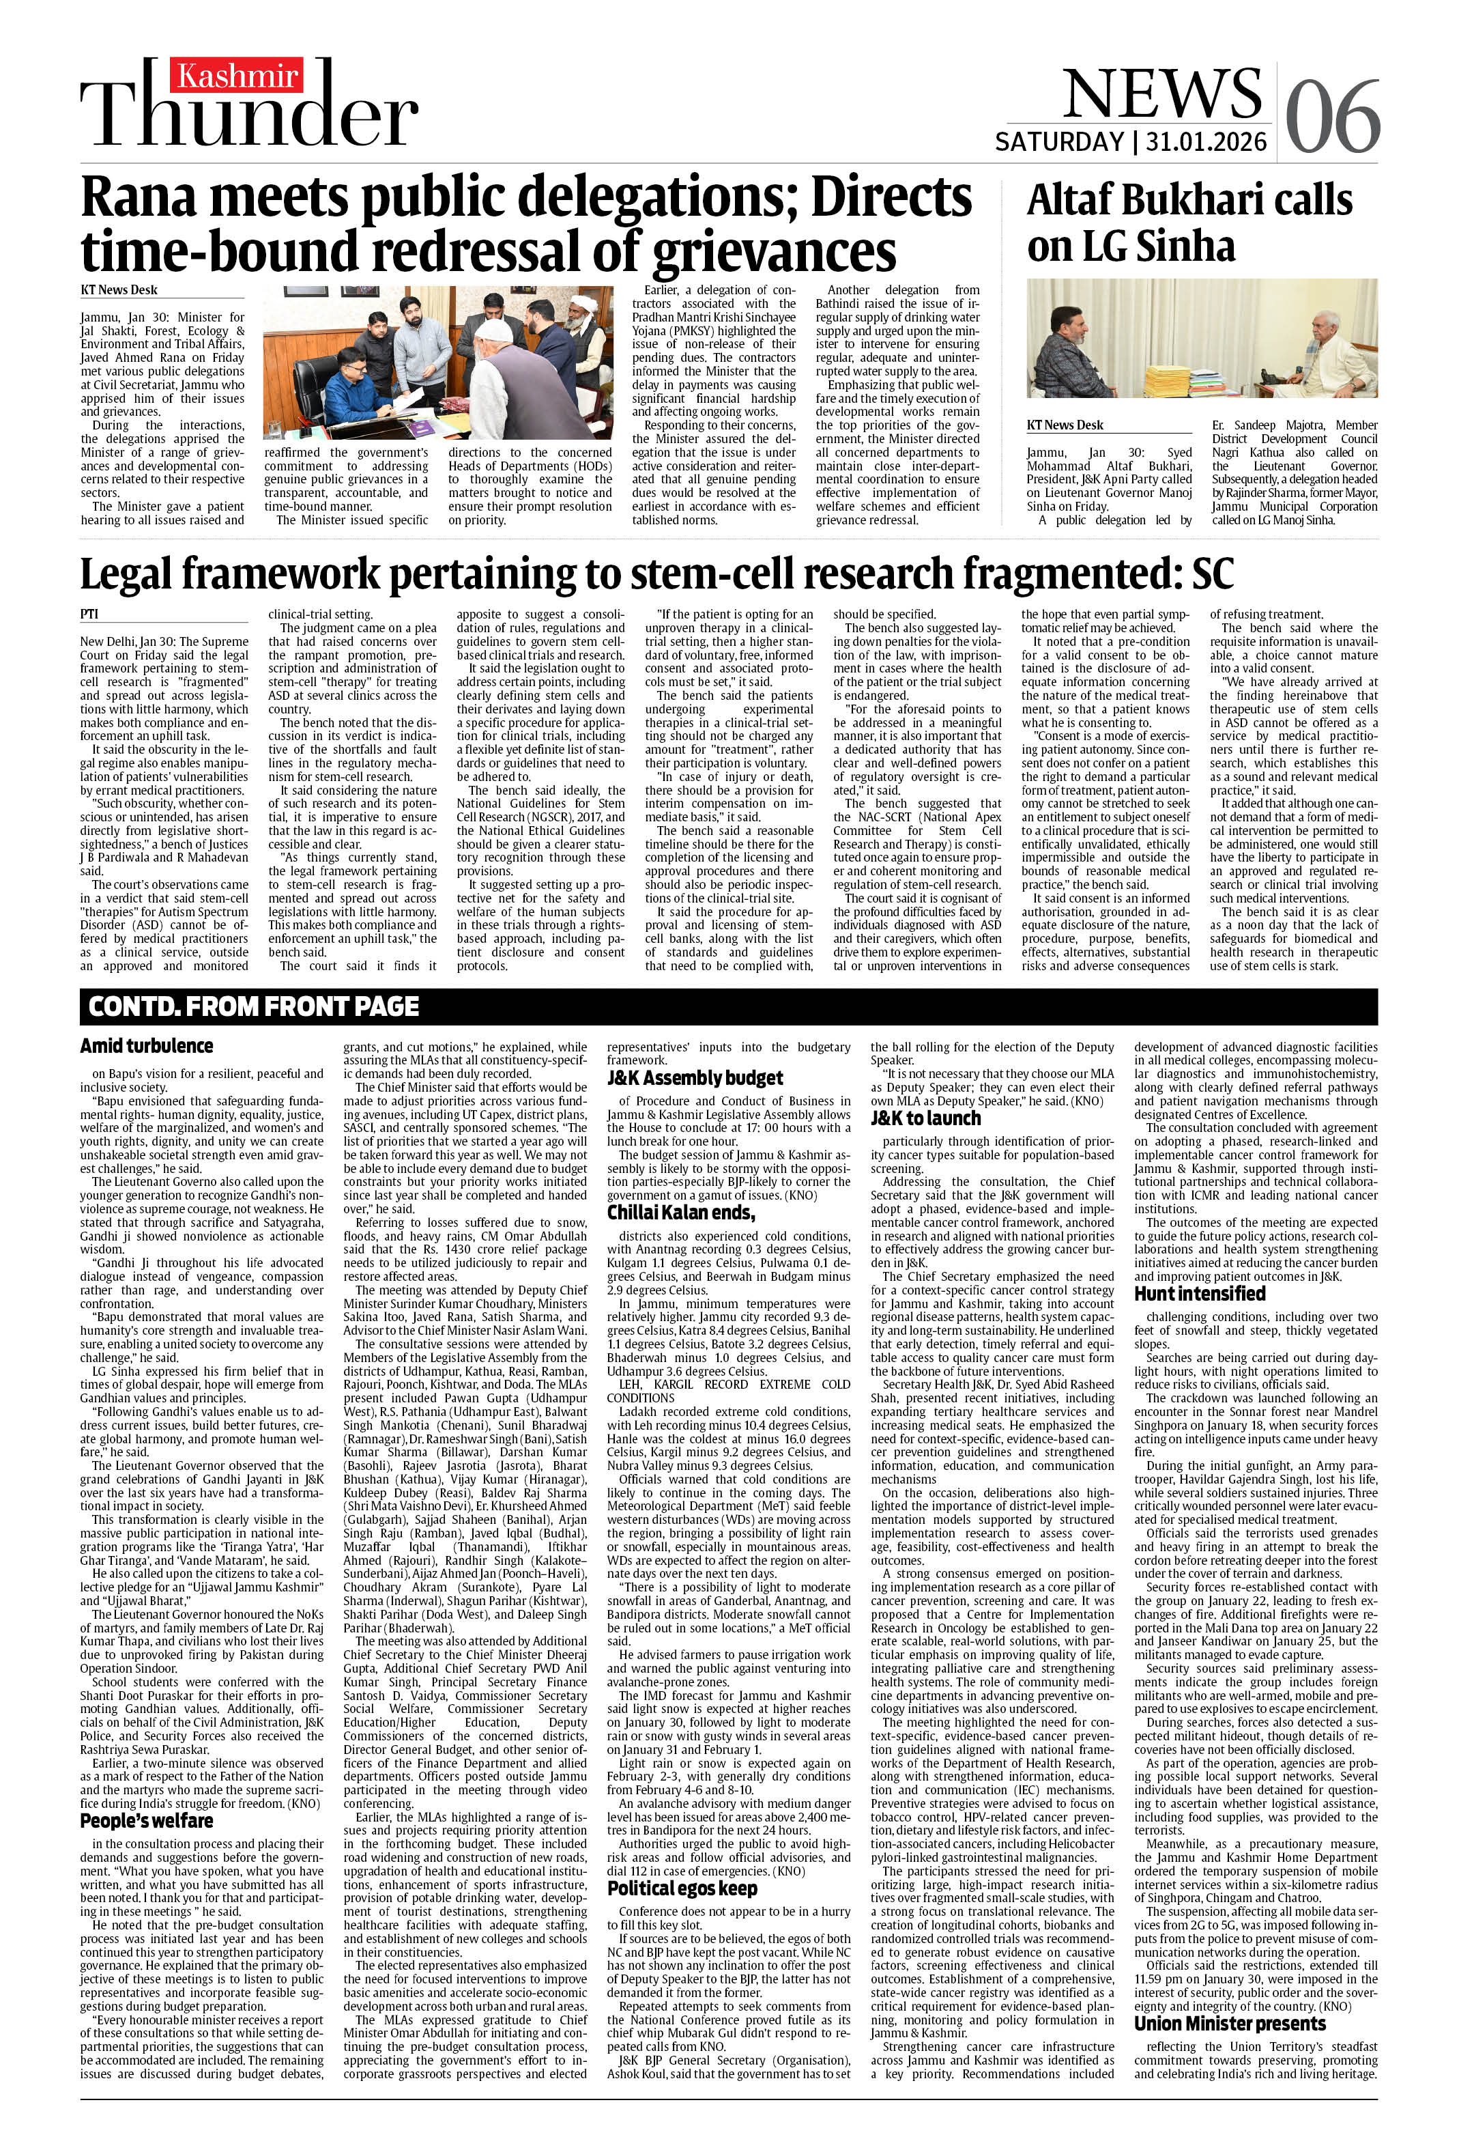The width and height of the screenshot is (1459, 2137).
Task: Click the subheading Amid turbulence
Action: (146, 1045)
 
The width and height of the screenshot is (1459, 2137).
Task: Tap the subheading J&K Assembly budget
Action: (694, 1077)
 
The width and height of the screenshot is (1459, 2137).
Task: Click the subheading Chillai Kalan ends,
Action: (680, 1212)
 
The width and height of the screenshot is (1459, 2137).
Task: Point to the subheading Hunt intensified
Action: (1199, 1294)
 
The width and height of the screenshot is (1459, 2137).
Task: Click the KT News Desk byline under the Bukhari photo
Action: (1065, 425)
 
